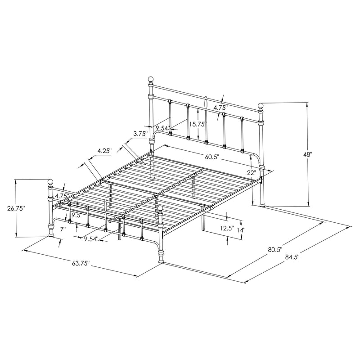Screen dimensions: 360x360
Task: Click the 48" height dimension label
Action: tap(308, 153)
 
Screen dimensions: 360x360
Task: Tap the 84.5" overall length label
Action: tap(292, 257)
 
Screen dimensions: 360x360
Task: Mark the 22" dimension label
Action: tap(251, 172)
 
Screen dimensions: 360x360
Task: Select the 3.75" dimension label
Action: tap(141, 133)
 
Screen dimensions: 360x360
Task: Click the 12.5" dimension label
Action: tap(226, 228)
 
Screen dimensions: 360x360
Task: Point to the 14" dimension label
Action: tap(242, 229)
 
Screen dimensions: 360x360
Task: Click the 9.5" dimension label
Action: tap(76, 215)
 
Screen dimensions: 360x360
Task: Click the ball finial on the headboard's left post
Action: tap(151, 80)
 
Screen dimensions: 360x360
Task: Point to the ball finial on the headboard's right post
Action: tap(261, 106)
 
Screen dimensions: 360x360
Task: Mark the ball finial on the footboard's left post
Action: tap(50, 182)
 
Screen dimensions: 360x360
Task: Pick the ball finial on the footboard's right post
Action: tap(161, 209)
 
